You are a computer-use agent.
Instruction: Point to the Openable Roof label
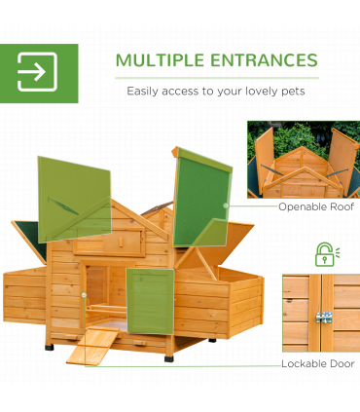coord(315,206)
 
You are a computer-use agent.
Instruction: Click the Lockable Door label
coord(316,363)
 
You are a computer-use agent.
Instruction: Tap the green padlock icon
coord(324,254)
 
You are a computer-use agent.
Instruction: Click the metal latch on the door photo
coord(319,318)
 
